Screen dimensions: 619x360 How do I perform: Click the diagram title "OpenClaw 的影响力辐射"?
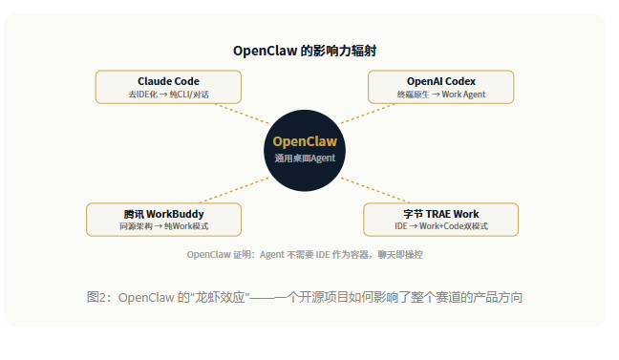tap(305, 51)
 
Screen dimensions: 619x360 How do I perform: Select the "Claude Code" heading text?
tap(168, 81)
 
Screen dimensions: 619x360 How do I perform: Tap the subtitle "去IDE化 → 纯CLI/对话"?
tap(168, 95)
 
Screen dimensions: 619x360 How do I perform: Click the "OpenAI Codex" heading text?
tap(441, 81)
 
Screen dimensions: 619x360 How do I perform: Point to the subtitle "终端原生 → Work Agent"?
tap(441, 95)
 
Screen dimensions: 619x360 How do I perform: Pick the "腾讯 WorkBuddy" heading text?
tap(164, 214)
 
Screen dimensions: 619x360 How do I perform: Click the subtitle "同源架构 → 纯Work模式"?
tap(164, 226)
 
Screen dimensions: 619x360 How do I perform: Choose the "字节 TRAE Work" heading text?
tap(441, 214)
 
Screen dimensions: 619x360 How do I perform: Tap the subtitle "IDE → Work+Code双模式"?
tap(441, 226)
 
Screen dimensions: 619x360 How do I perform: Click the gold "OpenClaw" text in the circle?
tap(305, 141)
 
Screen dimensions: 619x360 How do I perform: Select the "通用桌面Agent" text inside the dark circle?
tap(305, 159)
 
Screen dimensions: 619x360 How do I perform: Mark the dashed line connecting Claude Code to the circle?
tap(242, 114)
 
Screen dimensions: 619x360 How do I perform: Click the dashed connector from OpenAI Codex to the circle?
tap(368, 114)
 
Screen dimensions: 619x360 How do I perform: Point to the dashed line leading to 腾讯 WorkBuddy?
tap(234, 190)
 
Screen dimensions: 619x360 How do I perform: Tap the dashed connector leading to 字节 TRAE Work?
tap(375, 190)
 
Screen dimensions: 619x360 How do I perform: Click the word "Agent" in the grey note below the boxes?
tap(272, 255)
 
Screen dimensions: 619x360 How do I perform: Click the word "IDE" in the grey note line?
tap(323, 255)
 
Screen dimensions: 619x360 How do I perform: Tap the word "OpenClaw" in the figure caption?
tap(146, 297)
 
